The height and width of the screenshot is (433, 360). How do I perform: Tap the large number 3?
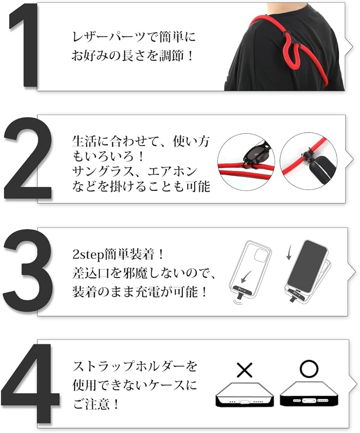[x=29, y=273]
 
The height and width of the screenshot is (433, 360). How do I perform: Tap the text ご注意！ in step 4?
[x=96, y=405]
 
